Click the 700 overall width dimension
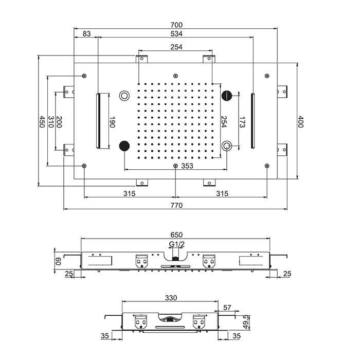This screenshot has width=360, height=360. pos(176,25)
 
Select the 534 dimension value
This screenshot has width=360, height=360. pos(176,34)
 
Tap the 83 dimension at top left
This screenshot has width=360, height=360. pos(86,34)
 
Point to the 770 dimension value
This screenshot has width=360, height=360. pos(176,205)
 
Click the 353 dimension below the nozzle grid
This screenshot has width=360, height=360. pos(187,166)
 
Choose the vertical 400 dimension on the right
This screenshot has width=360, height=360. pos(301,122)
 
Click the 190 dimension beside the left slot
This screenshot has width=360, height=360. pos(112,122)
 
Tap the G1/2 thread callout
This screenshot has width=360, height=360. pos(176,244)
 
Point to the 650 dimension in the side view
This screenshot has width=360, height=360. pos(176,235)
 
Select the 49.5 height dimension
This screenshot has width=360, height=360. pos(246,322)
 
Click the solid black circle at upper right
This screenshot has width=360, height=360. pos(227,95)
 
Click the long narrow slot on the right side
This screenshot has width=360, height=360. pos(253,122)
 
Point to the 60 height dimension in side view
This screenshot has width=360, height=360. pos(58,261)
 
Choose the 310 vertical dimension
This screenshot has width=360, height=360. pos(50,122)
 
